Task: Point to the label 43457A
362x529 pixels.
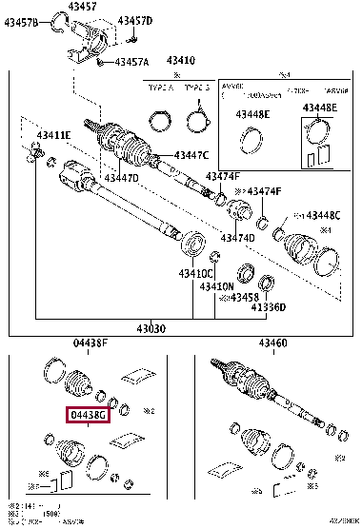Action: tap(131, 62)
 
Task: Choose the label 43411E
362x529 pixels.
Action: tap(48, 135)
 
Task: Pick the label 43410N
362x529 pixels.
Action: tap(215, 285)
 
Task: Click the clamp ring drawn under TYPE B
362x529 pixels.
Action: tap(198, 120)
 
